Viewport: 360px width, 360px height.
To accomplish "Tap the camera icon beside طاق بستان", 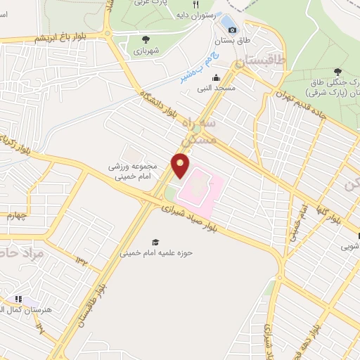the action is [x=233, y=30].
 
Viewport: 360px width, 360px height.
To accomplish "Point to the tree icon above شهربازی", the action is [x=146, y=39].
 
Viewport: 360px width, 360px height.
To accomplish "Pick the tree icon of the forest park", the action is [x=337, y=71].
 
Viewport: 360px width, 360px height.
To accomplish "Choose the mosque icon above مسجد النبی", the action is [x=217, y=78].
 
